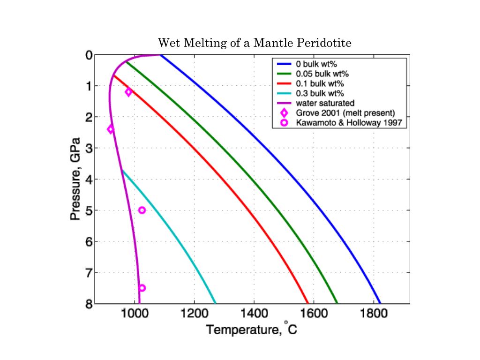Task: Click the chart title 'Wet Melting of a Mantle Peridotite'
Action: coord(255,44)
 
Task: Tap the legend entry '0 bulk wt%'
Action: coord(319,64)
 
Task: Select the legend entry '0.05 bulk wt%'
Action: coord(322,74)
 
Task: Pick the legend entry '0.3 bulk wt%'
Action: coord(320,93)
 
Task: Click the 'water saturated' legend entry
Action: coord(325,103)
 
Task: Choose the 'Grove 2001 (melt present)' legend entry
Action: coord(345,113)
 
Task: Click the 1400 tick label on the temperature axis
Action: coord(254,314)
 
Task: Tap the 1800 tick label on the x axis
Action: coord(373,314)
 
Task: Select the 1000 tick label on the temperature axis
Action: coord(135,314)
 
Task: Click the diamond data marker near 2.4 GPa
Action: coord(111,129)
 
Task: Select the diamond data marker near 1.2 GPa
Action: coord(128,92)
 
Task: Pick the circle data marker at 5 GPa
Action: coord(142,210)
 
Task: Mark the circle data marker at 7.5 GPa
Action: coord(142,288)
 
